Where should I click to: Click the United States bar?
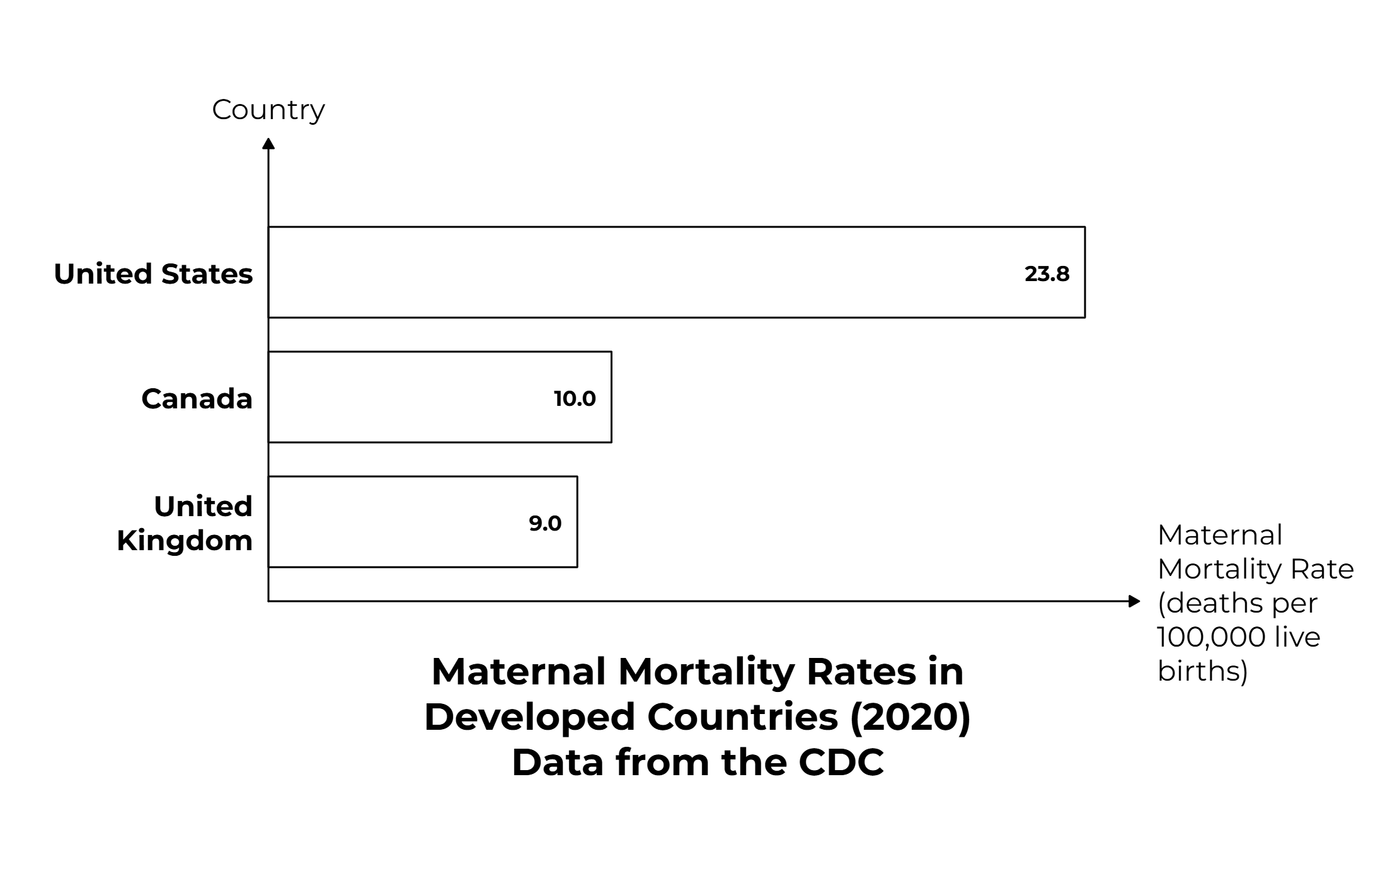pos(676,272)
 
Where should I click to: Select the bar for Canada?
pos(440,397)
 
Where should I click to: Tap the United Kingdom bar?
pos(423,522)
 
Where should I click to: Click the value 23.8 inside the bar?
pos(1047,274)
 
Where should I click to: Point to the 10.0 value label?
pos(575,399)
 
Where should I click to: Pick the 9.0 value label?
pos(545,524)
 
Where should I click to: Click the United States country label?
pos(153,274)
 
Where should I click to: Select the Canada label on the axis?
pos(197,399)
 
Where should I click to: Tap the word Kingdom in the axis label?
pos(185,541)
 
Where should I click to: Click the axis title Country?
pos(268,110)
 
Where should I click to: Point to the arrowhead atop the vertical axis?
pos(268,144)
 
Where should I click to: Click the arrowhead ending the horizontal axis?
pos(1134,601)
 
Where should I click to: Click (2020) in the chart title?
pos(910,717)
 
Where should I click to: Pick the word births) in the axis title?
pos(1202,671)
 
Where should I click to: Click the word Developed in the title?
pos(529,717)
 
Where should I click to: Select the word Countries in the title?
pos(742,717)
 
